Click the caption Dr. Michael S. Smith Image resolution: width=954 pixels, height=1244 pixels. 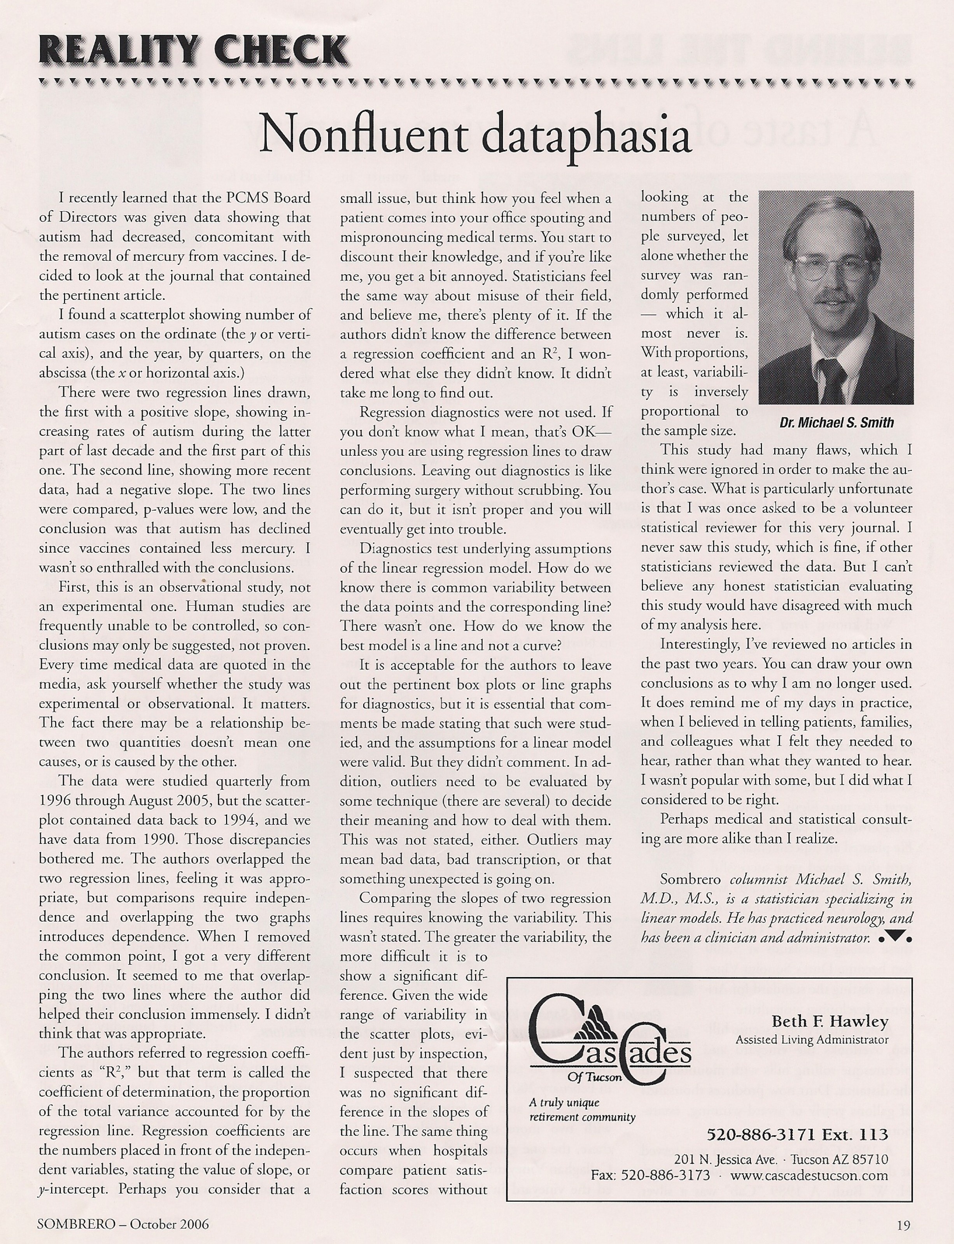tap(837, 422)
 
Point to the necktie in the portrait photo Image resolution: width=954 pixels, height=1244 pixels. tap(833, 378)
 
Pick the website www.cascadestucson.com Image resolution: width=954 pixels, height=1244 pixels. tap(809, 1175)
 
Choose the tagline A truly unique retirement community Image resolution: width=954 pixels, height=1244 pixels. tap(581, 1109)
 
